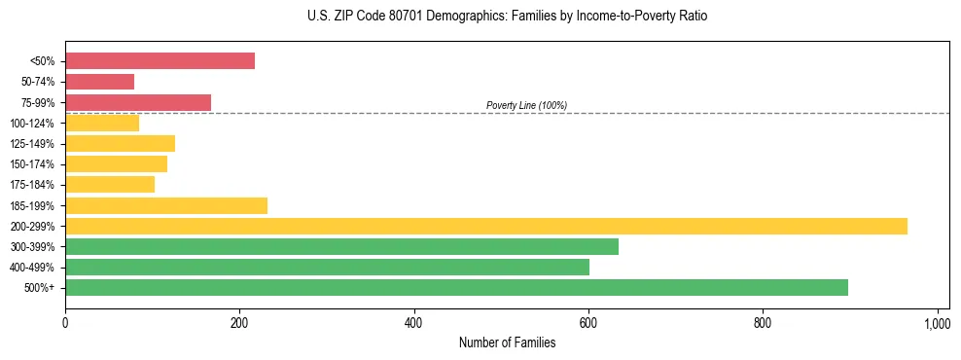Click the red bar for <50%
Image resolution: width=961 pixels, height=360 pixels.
pyautogui.click(x=160, y=61)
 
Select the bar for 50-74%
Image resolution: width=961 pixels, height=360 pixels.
pyautogui.click(x=99, y=82)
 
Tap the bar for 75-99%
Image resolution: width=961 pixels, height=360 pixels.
pyautogui.click(x=138, y=102)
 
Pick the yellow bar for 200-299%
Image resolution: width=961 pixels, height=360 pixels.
pyautogui.click(x=486, y=226)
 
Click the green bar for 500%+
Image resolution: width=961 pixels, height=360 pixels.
pyautogui.click(x=456, y=287)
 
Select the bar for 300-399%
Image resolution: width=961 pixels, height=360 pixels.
pyautogui.click(x=341, y=246)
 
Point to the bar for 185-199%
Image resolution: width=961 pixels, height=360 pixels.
pyautogui.click(x=166, y=205)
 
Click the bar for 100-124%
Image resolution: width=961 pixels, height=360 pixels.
pyautogui.click(x=102, y=124)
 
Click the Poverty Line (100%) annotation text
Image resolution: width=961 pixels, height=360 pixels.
pyautogui.click(x=526, y=105)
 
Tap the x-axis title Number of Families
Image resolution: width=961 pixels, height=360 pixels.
pyautogui.click(x=507, y=342)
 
